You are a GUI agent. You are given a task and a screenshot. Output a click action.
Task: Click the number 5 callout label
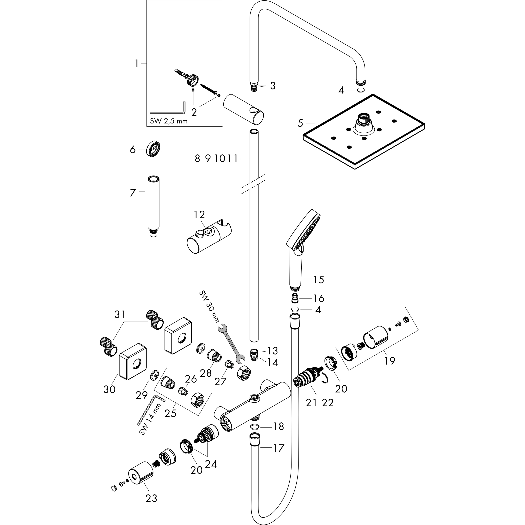click(300, 123)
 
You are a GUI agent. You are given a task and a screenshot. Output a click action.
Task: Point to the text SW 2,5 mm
click(169, 121)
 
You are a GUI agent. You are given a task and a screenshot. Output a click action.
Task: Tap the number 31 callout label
click(120, 314)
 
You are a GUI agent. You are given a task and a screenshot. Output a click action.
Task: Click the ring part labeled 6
click(153, 149)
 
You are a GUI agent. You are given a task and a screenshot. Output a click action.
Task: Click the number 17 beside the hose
click(278, 448)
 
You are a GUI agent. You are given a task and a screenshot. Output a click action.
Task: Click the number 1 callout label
click(137, 64)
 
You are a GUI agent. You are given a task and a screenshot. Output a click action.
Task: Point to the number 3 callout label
click(273, 86)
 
